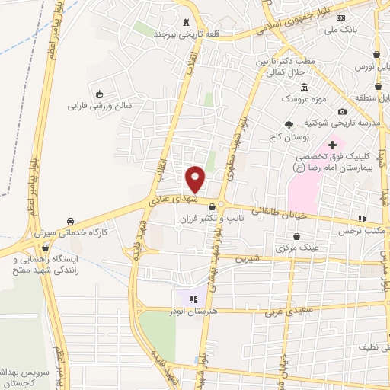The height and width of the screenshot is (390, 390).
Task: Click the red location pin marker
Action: [196, 179]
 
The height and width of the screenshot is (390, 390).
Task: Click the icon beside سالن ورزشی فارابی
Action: [99, 94]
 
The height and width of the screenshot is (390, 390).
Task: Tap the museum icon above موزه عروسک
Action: [305, 86]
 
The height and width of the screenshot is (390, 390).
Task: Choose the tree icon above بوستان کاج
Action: [288, 126]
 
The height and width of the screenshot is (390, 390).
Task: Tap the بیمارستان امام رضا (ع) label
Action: [337, 165]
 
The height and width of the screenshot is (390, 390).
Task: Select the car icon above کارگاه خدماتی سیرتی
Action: [71, 219]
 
